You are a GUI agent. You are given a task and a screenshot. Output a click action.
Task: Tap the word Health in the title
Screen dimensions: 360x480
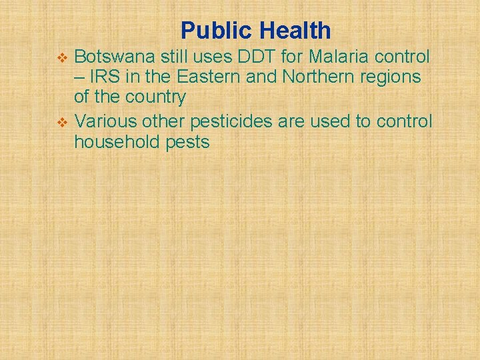(295, 31)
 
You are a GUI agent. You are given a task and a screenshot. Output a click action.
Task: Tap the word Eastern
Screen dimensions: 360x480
(209, 77)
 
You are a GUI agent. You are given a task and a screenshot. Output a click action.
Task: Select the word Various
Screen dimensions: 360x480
(105, 121)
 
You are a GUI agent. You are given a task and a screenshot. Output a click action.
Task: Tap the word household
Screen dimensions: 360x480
(117, 141)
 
